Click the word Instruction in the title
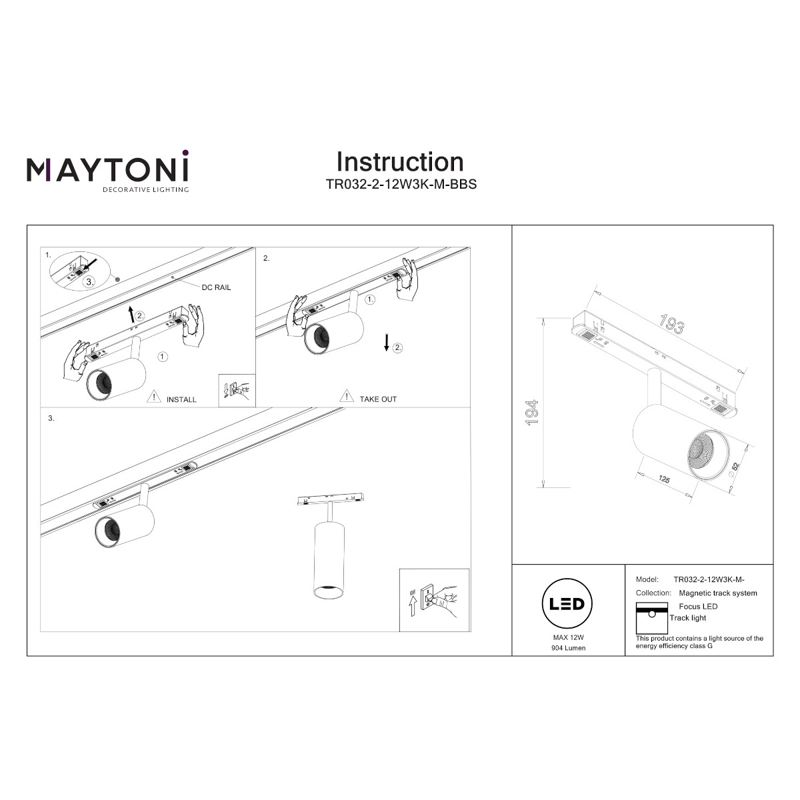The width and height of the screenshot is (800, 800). coord(400,161)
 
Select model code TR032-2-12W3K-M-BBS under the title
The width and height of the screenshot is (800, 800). coord(401,184)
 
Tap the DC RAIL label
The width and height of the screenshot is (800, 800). coord(216,287)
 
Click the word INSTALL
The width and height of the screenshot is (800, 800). coord(181,399)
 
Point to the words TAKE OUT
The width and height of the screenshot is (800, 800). coord(378,399)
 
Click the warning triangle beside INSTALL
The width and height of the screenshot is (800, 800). coord(153,397)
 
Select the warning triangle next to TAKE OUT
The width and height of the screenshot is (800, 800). coord(347,395)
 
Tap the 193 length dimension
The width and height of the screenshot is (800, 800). coord(671,324)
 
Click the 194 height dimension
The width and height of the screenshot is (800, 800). coord(532,412)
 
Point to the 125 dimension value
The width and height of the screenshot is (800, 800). coord(664,479)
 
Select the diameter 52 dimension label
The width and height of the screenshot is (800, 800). coord(734,469)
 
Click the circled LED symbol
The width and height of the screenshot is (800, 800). coord(567,603)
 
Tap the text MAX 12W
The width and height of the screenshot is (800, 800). coord(568,637)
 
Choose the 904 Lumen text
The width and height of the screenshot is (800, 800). coord(569,647)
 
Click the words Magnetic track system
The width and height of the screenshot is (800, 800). coord(718,593)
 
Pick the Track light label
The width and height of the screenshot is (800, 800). coord(687,618)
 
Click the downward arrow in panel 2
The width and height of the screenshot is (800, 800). coord(387,343)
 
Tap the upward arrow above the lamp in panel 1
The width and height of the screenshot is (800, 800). coord(132,314)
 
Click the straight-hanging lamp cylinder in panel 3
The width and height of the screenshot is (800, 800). coord(329,560)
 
